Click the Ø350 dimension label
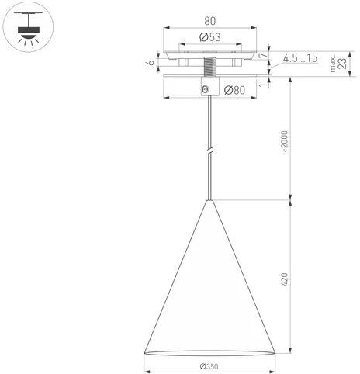[209, 366]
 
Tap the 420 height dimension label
[284, 279]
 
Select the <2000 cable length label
[285, 141]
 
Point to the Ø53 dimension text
[210, 37]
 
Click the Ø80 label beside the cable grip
[234, 90]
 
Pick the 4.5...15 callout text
[300, 58]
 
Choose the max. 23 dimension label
[338, 63]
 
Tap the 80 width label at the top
[209, 21]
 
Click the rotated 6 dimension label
[151, 62]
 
